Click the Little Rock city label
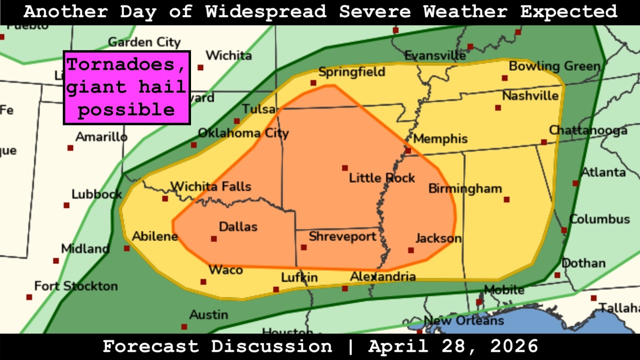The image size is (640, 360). [381, 178]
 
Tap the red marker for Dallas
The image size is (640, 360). [214, 239]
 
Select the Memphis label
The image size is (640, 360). [440, 139]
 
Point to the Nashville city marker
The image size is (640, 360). [498, 107]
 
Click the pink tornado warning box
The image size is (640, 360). [126, 87]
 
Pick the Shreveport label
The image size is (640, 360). [342, 236]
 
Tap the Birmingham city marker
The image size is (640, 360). [506, 199]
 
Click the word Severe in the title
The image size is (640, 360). [376, 11]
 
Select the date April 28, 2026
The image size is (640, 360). [453, 346]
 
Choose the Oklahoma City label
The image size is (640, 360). [243, 133]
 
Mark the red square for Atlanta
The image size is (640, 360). [575, 183]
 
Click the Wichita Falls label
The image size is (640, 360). [210, 187]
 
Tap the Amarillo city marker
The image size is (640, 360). [70, 148]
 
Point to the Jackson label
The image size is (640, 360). [438, 238]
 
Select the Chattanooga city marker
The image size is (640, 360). [544, 142]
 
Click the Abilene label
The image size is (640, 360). [155, 236]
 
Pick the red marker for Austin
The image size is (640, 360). [184, 327]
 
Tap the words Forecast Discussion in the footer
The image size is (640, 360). [217, 346]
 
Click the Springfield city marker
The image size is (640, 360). [313, 83]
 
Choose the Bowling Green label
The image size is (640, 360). [554, 66]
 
